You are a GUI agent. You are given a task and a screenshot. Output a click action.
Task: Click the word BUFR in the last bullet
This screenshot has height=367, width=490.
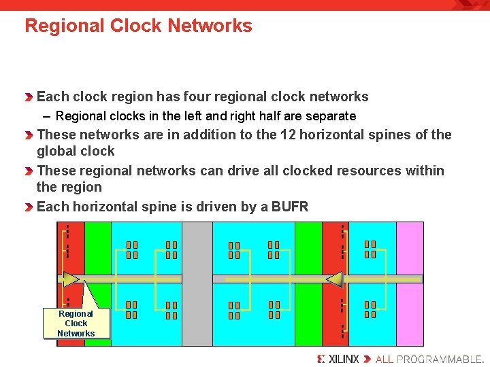(290, 207)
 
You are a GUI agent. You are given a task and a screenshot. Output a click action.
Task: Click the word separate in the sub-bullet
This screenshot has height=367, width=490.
(331, 116)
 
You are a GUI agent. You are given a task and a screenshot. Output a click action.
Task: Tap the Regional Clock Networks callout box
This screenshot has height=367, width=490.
(76, 324)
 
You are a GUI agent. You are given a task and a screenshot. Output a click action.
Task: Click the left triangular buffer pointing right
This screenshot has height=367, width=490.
(71, 279)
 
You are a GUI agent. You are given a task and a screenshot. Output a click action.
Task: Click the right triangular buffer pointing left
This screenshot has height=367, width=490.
(333, 279)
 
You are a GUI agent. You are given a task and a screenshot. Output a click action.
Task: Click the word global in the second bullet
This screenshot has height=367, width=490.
(56, 151)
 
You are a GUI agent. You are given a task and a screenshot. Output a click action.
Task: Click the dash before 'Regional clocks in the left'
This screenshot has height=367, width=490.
(48, 116)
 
